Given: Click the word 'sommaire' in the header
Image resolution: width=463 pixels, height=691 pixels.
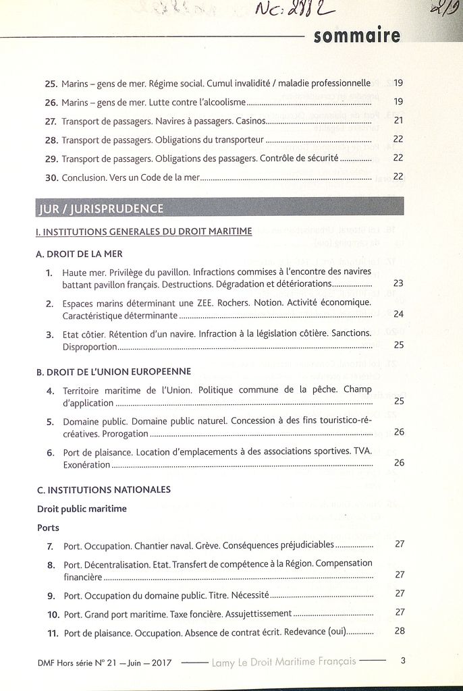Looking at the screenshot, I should click(x=356, y=35).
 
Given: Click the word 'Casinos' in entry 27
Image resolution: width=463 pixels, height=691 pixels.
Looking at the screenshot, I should click(x=250, y=121).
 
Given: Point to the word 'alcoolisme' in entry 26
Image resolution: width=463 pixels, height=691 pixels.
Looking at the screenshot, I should click(x=224, y=103).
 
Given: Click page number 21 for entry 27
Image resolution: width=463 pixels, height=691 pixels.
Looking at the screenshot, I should click(x=398, y=121).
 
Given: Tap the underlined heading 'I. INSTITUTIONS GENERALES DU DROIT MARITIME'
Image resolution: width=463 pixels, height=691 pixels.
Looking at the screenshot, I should click(x=144, y=231).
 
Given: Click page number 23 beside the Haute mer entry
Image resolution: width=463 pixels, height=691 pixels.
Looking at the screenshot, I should click(x=398, y=283).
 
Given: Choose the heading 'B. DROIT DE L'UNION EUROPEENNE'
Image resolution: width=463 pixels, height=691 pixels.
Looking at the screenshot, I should click(x=113, y=371).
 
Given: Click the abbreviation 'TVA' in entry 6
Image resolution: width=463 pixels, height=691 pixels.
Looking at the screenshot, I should click(x=362, y=451).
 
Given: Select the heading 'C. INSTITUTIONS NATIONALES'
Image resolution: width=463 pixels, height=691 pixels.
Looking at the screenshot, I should click(x=103, y=489).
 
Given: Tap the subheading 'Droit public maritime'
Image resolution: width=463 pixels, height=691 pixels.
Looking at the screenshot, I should click(x=82, y=509).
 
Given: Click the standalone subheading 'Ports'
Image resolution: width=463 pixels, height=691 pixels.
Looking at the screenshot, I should click(x=48, y=528).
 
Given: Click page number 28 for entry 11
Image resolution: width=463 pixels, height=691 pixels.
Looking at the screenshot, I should click(x=400, y=632).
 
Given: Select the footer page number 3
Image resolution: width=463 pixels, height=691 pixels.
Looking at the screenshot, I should click(x=403, y=661).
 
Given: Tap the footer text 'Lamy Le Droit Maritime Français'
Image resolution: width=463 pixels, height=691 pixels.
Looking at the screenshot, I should click(x=283, y=661).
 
